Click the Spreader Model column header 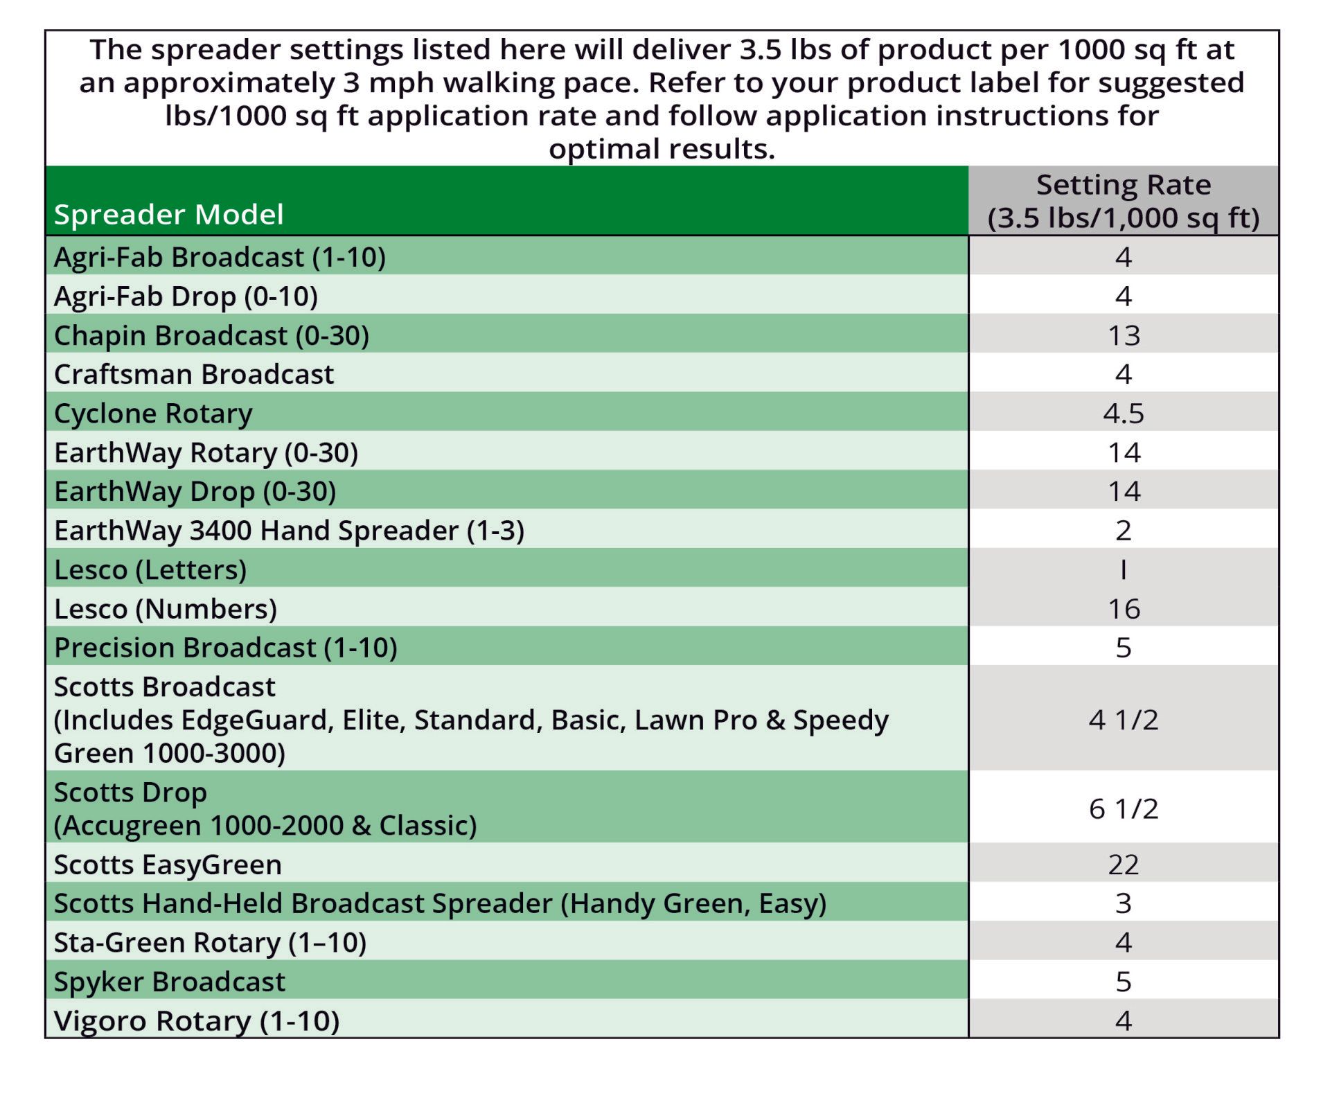(x=168, y=215)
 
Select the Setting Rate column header (x=1123, y=201)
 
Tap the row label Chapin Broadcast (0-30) (x=211, y=336)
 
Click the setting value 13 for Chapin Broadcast (x=1124, y=336)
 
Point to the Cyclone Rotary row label (x=153, y=414)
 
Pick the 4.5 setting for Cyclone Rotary (x=1124, y=414)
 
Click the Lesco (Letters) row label (x=150, y=570)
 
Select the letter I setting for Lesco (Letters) (x=1124, y=570)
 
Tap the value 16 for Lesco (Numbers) (x=1124, y=610)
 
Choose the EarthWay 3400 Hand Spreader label (x=289, y=531)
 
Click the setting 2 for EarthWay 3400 (x=1124, y=531)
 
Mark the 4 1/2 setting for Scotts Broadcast (x=1124, y=720)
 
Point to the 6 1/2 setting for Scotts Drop (x=1124, y=809)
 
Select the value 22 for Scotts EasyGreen (x=1124, y=865)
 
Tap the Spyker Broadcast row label (x=170, y=982)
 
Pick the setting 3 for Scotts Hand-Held (x=1124, y=904)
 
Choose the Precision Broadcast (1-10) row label (x=226, y=648)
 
